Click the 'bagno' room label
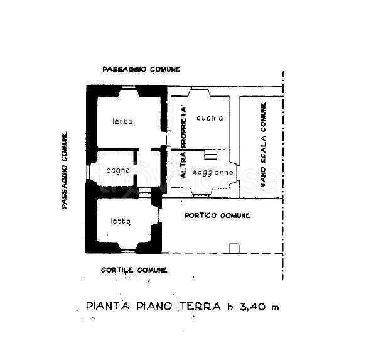coord(118,170)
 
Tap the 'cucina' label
coord(210,118)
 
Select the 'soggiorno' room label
coord(213,172)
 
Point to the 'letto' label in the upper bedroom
coord(122,121)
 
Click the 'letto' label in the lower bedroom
coord(121,221)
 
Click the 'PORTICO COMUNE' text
coord(217,215)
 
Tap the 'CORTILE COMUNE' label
coord(134,270)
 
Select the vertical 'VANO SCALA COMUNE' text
coord(263,145)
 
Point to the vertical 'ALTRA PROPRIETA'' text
coord(183,143)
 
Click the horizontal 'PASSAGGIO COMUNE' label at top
coord(141,69)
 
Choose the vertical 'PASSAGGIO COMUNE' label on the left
coord(65,170)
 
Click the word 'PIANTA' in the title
coord(108,306)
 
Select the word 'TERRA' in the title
coord(200,306)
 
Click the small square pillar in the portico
coord(235,248)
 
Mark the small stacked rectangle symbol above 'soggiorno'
coord(210,155)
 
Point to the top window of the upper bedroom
coord(129,87)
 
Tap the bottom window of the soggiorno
coord(202,196)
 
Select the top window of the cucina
coord(199,88)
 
